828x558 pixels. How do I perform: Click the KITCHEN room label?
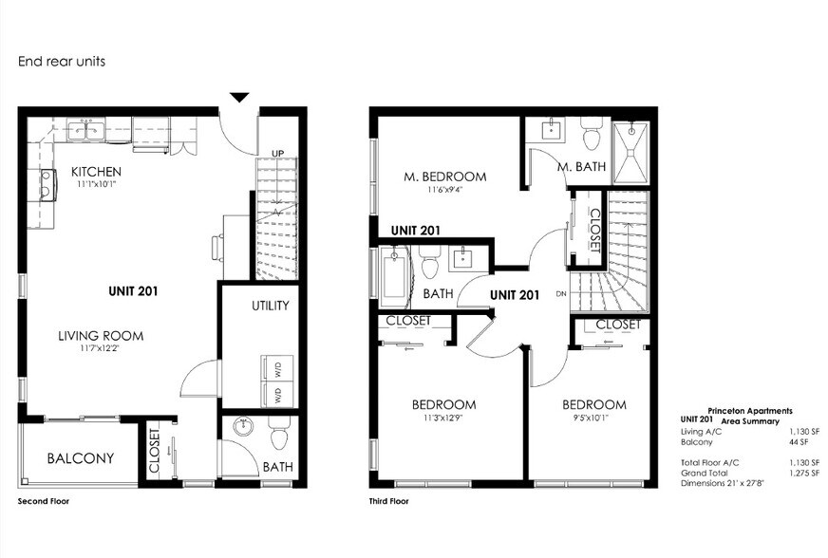96,172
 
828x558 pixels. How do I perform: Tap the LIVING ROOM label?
101,335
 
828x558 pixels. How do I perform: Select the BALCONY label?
81,458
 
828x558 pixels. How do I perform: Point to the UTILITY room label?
271,306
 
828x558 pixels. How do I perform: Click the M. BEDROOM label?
445,177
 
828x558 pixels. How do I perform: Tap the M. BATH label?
579,167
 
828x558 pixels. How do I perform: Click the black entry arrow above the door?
240,97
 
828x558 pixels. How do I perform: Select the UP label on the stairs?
278,153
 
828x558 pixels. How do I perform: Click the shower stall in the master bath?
630,152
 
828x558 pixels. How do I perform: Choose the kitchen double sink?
94,133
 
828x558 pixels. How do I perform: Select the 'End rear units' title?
61,62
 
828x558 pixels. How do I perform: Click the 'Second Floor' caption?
44,500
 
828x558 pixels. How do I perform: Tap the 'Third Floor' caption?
388,500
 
